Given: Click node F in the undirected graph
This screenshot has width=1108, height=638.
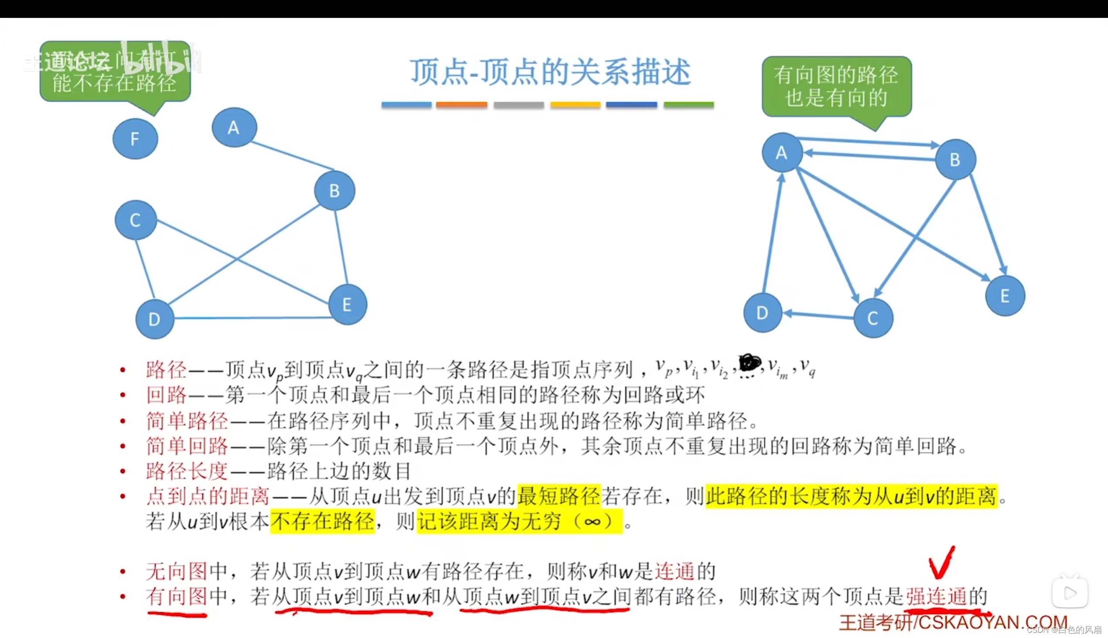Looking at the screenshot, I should click(135, 139).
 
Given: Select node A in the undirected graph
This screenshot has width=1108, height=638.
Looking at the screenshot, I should click(234, 127).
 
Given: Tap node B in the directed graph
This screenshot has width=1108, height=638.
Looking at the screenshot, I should click(955, 160).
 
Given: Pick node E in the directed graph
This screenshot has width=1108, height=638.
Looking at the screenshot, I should click(1005, 296).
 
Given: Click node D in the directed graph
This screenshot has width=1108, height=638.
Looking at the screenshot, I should click(762, 313).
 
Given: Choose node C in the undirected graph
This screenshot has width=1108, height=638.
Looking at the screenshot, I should click(135, 220).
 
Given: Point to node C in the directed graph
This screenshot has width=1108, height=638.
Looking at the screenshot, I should click(873, 318).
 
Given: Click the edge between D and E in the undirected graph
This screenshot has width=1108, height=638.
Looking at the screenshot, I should click(252, 317).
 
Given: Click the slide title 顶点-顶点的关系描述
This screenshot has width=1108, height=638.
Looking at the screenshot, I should click(550, 72).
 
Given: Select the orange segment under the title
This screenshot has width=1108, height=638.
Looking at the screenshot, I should click(461, 105).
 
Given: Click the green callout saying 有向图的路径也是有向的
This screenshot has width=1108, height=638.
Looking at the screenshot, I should click(836, 87).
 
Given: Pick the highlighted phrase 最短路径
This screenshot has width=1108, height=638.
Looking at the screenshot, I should click(559, 496).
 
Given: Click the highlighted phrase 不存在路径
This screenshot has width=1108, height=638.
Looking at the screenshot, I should click(322, 522).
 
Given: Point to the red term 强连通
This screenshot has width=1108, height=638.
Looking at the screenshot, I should click(936, 597).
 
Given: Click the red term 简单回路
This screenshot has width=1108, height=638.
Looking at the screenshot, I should click(187, 446).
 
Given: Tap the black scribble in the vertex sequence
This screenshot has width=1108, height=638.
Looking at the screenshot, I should click(750, 363).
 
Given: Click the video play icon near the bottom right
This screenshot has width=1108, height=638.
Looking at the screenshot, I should click(1070, 594).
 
